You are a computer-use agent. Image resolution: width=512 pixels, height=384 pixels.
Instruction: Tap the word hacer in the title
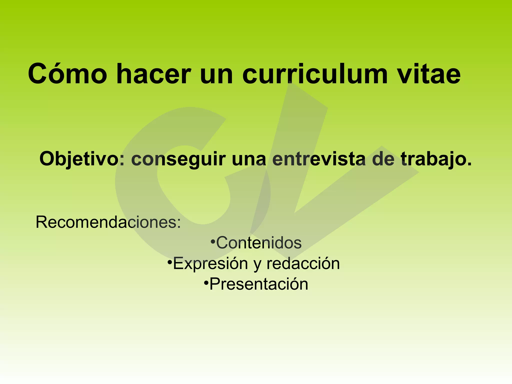pyautogui.click(x=153, y=74)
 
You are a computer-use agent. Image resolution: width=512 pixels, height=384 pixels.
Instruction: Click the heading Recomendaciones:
pyautogui.click(x=108, y=222)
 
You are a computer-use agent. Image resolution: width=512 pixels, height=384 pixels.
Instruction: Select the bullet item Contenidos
pyautogui.click(x=259, y=243)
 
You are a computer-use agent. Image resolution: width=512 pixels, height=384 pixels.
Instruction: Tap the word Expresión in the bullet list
pyautogui.click(x=210, y=263)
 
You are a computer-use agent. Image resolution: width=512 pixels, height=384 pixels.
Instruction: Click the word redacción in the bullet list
pyautogui.click(x=303, y=263)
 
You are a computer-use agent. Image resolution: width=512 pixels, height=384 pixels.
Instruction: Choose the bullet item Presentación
pyautogui.click(x=259, y=284)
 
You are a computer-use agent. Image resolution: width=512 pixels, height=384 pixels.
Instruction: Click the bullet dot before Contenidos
pyautogui.click(x=213, y=241)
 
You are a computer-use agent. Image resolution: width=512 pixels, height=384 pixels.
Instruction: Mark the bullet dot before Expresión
pyautogui.click(x=169, y=262)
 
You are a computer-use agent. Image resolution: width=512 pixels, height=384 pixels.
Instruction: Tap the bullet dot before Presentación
pyautogui.click(x=206, y=283)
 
